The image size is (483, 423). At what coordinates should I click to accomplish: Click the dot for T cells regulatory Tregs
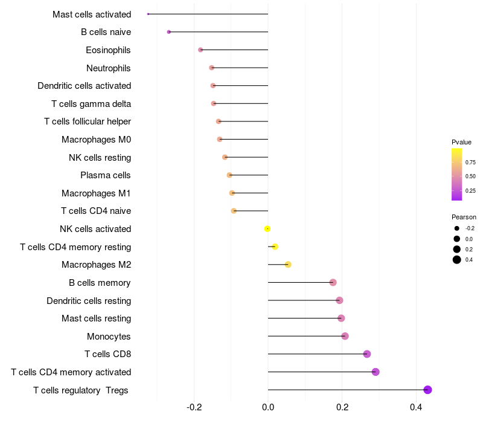coord(427,390)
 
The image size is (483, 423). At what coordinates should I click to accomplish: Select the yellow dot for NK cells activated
coord(267,229)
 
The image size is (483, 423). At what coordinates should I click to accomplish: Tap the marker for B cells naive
coord(169,32)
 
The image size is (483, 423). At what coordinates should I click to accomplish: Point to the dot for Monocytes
coord(345,336)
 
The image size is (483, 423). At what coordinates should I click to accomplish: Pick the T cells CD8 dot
coord(367,354)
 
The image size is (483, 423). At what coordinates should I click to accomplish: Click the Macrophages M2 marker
coord(288,265)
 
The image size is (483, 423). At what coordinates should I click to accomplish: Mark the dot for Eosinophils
coord(200,50)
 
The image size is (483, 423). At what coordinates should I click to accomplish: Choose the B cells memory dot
coord(333,282)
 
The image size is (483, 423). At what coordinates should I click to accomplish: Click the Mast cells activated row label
coord(92,14)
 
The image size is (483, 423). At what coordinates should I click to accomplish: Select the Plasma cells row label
coord(106,175)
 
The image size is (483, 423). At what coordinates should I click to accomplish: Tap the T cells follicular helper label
coord(88,121)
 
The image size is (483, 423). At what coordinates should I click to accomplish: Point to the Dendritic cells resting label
coord(89,300)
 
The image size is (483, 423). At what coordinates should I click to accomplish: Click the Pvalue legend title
coord(461,142)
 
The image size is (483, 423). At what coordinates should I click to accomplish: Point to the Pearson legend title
coord(464,217)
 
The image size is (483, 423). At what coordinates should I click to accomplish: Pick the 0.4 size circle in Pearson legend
coord(457,260)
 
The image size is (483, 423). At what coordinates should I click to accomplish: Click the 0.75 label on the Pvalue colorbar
coord(470,162)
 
